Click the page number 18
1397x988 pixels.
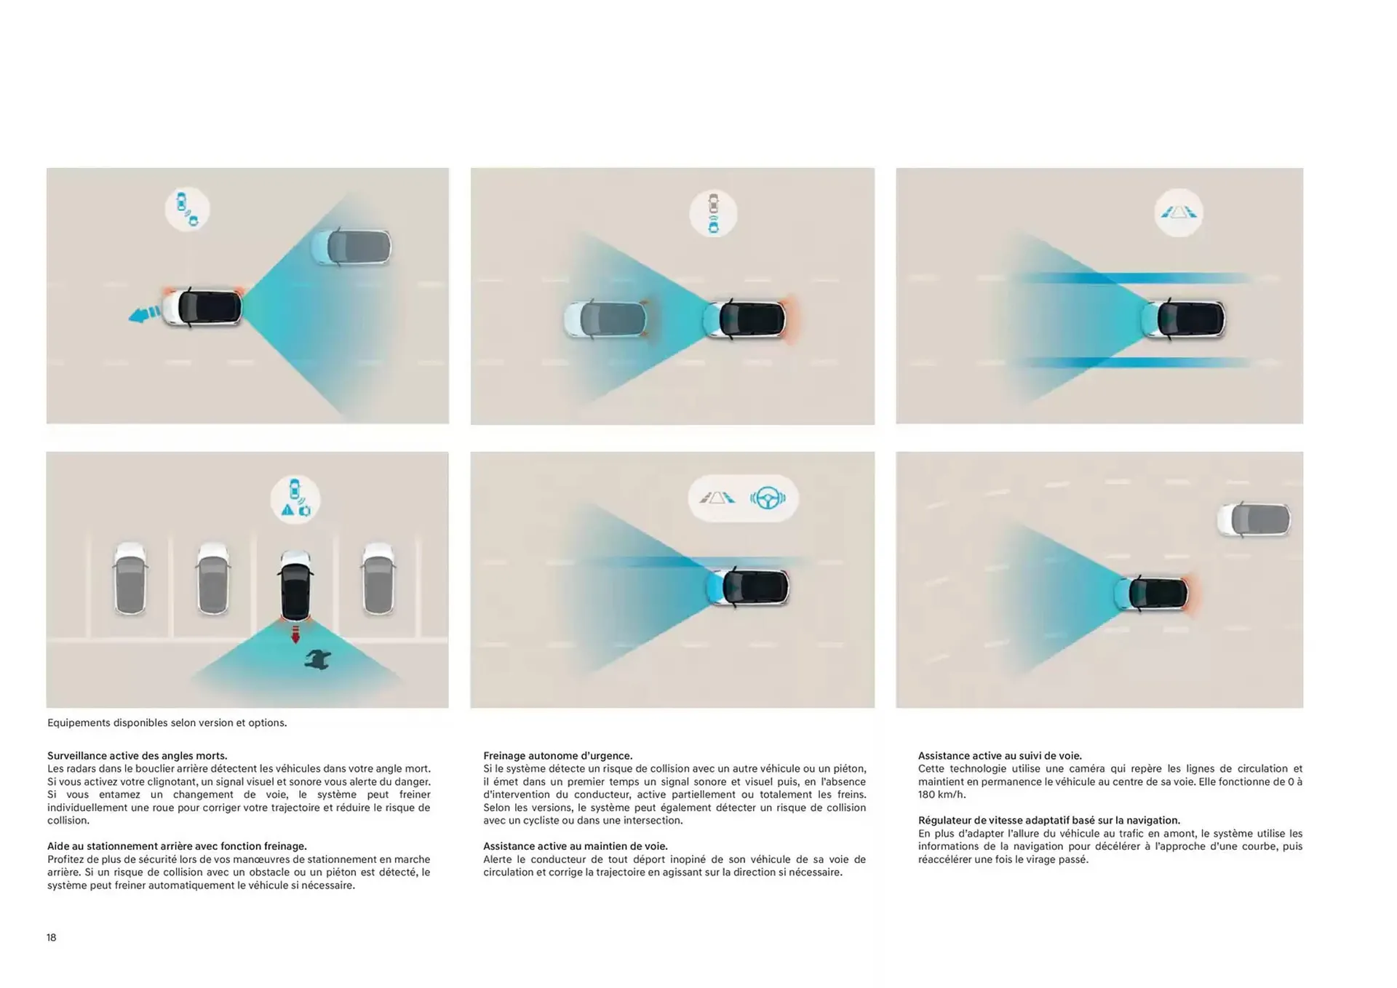coord(52,937)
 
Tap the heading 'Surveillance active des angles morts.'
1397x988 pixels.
coord(138,756)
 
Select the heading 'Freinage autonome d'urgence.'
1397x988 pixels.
coord(558,756)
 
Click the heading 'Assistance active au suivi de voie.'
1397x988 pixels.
coord(1000,756)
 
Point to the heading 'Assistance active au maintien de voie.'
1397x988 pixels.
coord(576,846)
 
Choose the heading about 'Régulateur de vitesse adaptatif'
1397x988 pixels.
coord(1049,820)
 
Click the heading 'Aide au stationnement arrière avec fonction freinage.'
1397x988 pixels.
coord(178,846)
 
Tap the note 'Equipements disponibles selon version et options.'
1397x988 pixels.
coord(167,722)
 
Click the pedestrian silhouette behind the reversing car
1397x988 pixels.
coord(319,659)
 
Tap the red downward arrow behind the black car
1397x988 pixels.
coord(295,634)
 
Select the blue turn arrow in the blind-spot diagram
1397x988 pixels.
coord(144,314)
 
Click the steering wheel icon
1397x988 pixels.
coord(768,498)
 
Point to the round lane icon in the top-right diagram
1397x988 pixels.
coord(1179,212)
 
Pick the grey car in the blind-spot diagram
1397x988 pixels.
coord(351,247)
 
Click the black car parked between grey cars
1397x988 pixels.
coord(295,586)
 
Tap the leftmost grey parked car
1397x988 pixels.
coord(131,578)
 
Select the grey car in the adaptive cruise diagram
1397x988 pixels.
coord(1254,519)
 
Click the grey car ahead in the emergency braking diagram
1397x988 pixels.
coord(605,319)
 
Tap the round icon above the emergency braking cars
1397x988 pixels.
coord(713,213)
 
